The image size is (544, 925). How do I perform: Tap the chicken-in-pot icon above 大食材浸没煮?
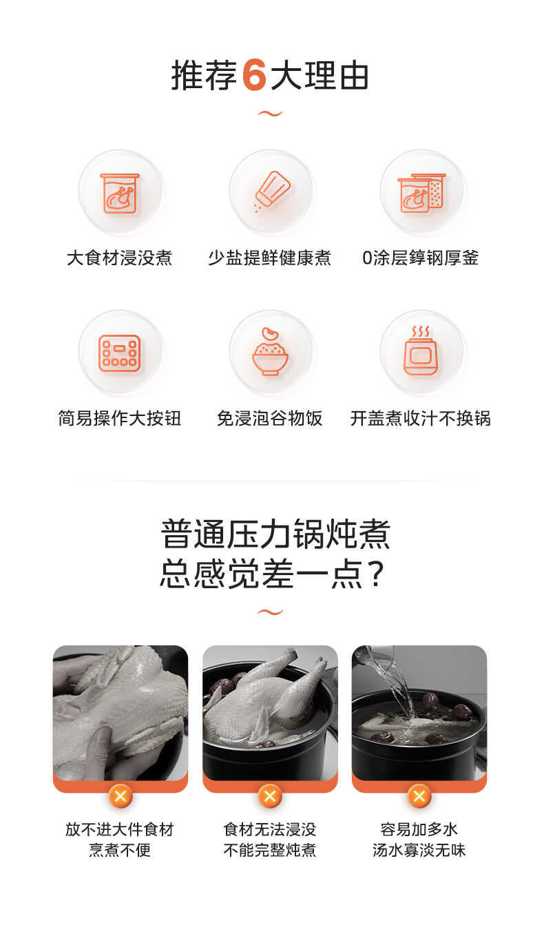(120, 193)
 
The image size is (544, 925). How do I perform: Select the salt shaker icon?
(271, 191)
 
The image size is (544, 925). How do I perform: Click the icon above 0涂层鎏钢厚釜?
(421, 193)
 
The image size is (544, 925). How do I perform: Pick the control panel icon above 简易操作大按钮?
(120, 353)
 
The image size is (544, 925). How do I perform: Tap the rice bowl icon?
(271, 353)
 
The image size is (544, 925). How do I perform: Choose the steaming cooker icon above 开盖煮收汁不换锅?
(421, 352)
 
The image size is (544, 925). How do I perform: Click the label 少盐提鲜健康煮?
(270, 258)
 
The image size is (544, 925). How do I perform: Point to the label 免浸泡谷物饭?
(270, 418)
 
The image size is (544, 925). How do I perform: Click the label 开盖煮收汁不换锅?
(421, 418)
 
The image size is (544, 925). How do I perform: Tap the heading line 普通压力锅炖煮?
(275, 534)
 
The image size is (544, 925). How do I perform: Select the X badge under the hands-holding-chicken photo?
(121, 797)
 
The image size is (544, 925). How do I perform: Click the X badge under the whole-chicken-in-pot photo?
(270, 797)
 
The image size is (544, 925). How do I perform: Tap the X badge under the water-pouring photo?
(419, 797)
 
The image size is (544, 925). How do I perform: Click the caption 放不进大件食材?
(120, 829)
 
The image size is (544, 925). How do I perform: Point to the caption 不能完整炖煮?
(270, 851)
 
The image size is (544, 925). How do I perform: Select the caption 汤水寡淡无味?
(419, 851)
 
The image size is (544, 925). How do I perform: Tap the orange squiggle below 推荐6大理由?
(270, 114)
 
